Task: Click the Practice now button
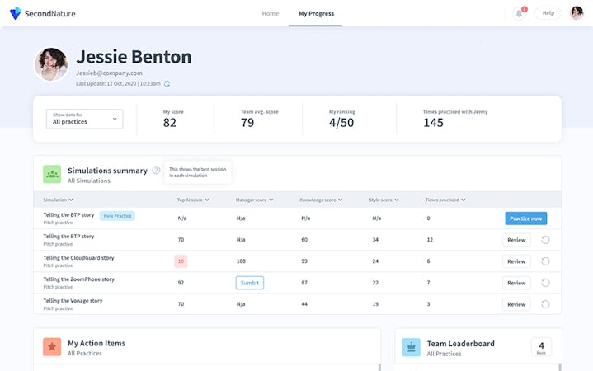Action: coord(525,218)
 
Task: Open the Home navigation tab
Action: coord(270,13)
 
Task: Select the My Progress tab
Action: coord(316,13)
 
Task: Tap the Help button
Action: coord(548,13)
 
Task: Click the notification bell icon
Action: coord(519,13)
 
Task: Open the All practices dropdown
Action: coord(84,119)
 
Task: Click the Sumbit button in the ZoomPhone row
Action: coord(249,283)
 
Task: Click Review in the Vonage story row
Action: coord(516,304)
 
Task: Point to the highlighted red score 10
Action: coord(181,261)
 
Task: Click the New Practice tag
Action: coord(117,216)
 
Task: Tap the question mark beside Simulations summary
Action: coord(156,171)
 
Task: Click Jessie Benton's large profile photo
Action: coord(51,64)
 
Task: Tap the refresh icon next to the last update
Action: coord(167,83)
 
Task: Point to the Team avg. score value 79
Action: coord(247,123)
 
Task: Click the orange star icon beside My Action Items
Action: coord(52,347)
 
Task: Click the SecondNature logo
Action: coord(40,13)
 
